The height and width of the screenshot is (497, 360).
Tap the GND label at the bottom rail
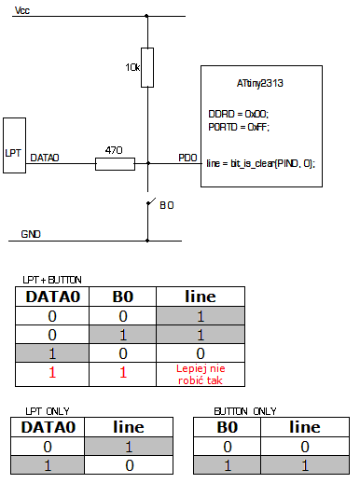[31, 235]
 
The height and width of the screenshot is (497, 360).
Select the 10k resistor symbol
[147, 67]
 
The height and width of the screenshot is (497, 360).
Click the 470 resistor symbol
[115, 165]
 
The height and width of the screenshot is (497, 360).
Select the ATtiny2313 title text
[260, 83]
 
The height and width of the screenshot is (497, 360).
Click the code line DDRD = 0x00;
[237, 112]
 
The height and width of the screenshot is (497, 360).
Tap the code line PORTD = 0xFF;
[239, 126]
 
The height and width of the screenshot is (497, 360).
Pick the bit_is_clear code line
[260, 162]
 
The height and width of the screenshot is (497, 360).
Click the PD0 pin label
[187, 159]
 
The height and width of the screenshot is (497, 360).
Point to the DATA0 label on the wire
[45, 159]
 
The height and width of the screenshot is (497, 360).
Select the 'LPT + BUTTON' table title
[52, 280]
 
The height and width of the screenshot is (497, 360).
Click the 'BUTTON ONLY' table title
[245, 410]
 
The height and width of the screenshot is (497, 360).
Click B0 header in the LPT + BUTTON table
[123, 297]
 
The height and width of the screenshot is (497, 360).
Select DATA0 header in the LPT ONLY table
[48, 428]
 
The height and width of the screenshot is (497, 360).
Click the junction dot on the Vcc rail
[147, 16]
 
